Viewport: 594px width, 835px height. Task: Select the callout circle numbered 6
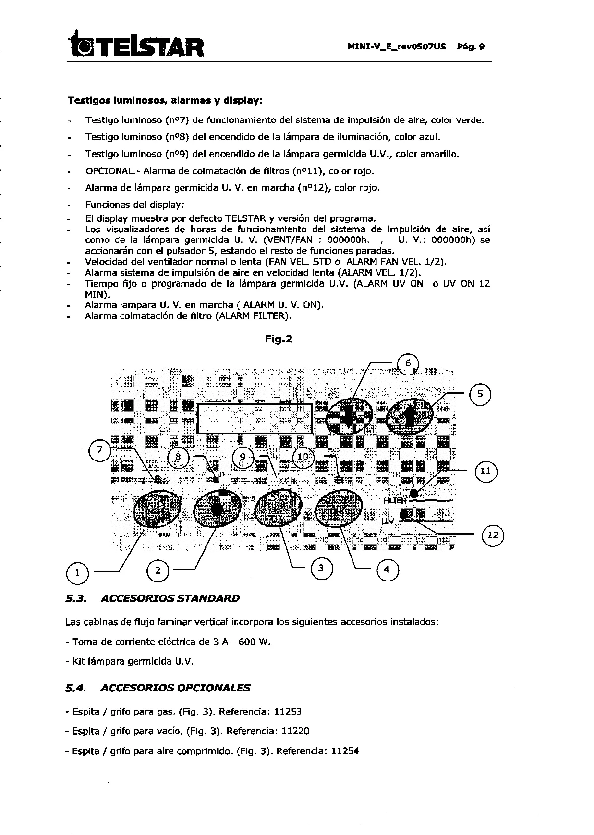[408, 363]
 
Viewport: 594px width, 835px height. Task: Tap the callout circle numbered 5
[480, 394]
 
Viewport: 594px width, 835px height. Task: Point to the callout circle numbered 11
[486, 471]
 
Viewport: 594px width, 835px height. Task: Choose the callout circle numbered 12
[493, 535]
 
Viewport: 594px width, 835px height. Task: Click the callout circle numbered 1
[77, 573]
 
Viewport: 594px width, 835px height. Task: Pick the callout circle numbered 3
[321, 568]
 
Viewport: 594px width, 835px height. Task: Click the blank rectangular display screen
[255, 418]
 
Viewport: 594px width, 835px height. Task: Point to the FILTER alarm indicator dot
[415, 493]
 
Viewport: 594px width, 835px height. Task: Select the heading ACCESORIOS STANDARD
[170, 598]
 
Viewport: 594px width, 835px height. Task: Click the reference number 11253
[288, 711]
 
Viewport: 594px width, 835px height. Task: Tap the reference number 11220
[296, 731]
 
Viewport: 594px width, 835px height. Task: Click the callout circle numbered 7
[100, 450]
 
